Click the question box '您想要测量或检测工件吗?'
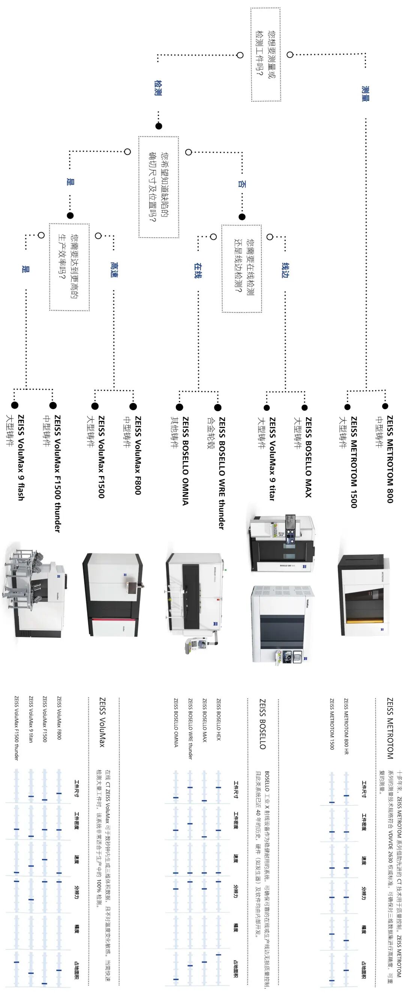coord(265,54)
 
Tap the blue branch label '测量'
coord(365,93)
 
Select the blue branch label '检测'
coord(157,88)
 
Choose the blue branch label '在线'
coord(198,270)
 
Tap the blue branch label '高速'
coord(113,269)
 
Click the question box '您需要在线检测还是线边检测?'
coord(241,269)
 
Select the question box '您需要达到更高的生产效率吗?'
coord(69,267)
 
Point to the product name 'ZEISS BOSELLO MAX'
coord(308,457)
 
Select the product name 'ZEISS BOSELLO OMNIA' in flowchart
coord(185,461)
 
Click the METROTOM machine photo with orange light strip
coord(363,594)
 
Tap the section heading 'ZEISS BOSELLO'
coord(262,724)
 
